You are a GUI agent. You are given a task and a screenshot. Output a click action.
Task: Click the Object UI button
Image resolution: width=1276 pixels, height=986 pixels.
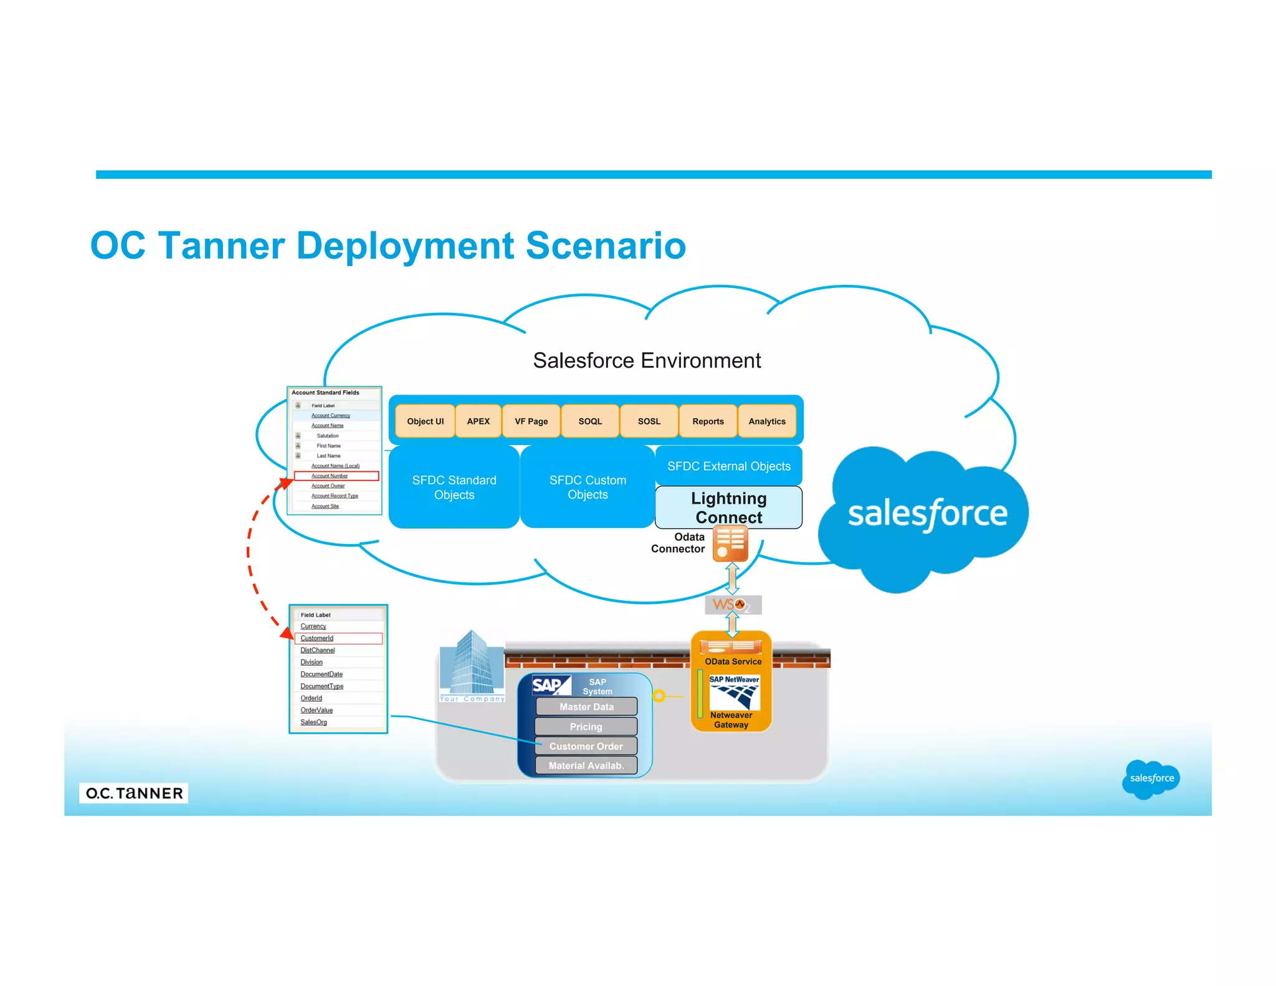point(425,421)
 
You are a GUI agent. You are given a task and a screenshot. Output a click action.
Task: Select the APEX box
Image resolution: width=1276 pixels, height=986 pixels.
point(478,421)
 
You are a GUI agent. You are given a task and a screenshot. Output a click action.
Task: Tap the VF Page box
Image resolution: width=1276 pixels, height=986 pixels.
point(531,421)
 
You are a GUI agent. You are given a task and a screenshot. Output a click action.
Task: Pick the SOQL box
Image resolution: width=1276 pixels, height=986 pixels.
point(590,421)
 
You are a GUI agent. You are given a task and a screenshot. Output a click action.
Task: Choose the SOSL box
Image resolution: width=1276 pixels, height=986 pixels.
point(649,421)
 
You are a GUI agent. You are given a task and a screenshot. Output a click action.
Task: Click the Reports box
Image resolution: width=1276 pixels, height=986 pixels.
point(708,421)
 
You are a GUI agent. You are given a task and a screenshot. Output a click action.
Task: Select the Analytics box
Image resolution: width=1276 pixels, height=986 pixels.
point(767,421)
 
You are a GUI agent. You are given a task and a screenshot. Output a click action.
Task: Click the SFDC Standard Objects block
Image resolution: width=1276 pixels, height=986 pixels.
point(454,487)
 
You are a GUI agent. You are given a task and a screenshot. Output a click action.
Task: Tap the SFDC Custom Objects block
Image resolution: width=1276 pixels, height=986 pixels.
point(588,487)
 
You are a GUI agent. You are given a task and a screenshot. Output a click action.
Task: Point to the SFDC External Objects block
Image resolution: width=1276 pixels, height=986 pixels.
point(728,466)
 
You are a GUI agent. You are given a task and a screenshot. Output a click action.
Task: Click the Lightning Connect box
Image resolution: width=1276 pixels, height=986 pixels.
point(728,507)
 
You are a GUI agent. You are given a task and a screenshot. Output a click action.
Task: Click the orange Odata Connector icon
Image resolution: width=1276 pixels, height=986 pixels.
point(730,543)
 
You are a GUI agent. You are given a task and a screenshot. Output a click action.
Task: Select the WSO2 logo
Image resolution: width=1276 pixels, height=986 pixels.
point(733,605)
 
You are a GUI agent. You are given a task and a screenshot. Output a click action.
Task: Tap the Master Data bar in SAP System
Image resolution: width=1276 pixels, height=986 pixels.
point(586,707)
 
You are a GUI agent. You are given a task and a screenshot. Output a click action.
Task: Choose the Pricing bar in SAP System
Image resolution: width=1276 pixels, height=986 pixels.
point(586,727)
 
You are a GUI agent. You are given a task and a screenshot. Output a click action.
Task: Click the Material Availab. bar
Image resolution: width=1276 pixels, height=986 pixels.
point(586,765)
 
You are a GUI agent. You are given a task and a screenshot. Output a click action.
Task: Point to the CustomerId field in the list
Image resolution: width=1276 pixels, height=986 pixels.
point(317,638)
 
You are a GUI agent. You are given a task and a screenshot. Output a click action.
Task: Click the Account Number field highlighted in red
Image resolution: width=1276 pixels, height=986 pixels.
point(330,476)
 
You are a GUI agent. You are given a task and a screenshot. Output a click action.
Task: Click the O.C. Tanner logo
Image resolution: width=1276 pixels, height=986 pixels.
point(134,793)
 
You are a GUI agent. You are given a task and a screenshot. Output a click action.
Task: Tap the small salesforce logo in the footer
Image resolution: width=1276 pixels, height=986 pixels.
point(1151,778)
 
